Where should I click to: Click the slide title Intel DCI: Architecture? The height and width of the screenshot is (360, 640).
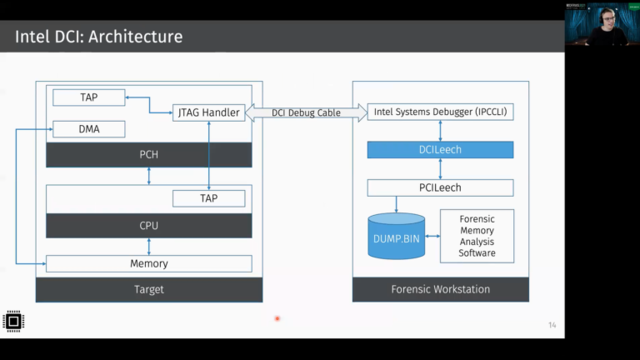[x=99, y=37]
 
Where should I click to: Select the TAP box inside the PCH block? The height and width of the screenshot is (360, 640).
[x=88, y=97]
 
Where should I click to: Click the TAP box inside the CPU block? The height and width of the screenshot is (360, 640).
[x=208, y=198]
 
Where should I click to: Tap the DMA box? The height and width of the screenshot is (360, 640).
[x=88, y=129]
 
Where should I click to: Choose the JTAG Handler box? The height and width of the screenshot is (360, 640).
[x=207, y=112]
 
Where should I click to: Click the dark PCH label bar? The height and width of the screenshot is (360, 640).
[x=148, y=154]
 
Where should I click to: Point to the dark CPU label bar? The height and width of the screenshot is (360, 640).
[x=148, y=226]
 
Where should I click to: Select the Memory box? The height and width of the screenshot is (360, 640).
[x=148, y=263]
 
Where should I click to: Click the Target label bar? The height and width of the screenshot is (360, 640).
[x=148, y=289]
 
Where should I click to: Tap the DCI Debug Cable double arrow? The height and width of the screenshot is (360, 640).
[x=306, y=112]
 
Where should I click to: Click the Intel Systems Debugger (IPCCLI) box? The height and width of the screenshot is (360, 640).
[x=440, y=112]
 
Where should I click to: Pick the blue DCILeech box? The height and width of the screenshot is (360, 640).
[x=440, y=150]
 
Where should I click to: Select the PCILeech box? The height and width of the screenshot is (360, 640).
[x=440, y=187]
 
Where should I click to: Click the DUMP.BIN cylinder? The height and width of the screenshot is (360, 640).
[x=397, y=237]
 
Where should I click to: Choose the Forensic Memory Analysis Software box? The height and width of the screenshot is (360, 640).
[x=477, y=236]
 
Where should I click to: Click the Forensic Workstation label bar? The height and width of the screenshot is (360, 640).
[x=440, y=289]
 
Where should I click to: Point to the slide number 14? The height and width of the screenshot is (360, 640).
[x=552, y=325]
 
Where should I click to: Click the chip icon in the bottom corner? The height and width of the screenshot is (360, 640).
[x=12, y=321]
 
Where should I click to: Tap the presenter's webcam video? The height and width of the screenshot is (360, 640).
[x=601, y=25]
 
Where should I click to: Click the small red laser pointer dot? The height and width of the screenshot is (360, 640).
[x=277, y=317]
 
